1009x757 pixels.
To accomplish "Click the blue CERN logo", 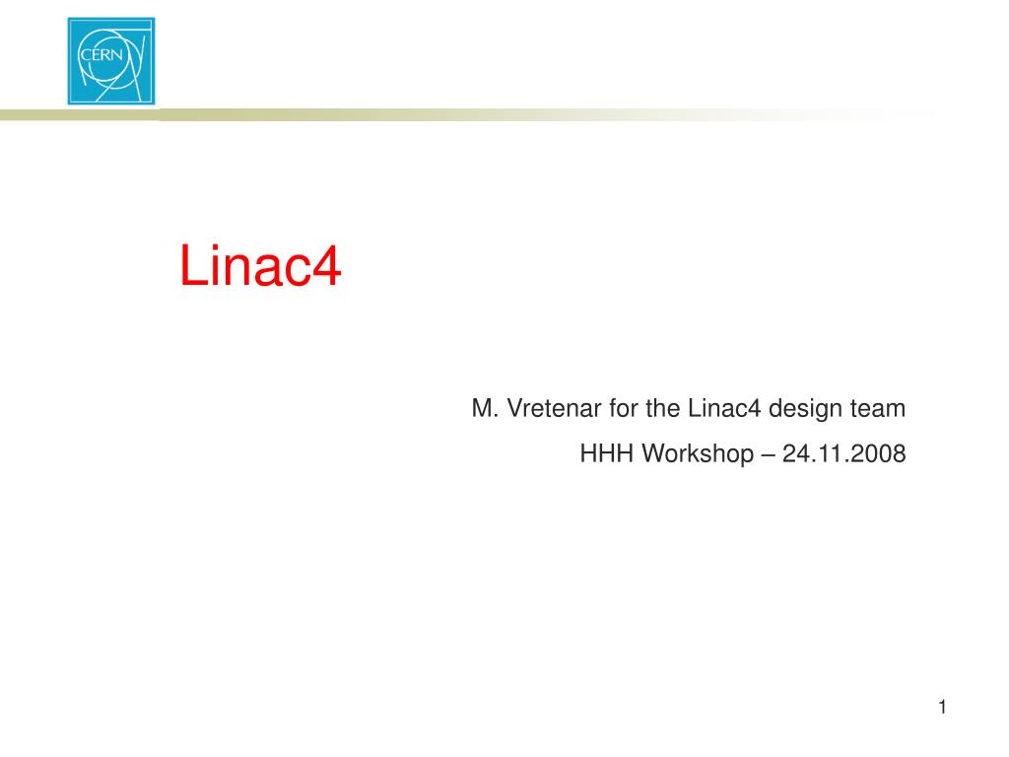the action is tap(111, 61).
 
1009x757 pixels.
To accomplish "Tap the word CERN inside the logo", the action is tap(101, 55).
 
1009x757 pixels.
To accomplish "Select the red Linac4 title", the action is tap(260, 265).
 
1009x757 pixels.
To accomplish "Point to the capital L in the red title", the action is tap(193, 265).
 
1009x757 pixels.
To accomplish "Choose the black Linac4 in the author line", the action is tap(724, 408).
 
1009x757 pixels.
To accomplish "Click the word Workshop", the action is tap(698, 454).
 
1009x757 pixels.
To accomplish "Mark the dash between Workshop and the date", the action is tap(768, 455).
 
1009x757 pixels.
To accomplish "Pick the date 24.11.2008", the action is tap(844, 453).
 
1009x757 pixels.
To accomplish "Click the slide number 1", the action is tap(943, 707).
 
